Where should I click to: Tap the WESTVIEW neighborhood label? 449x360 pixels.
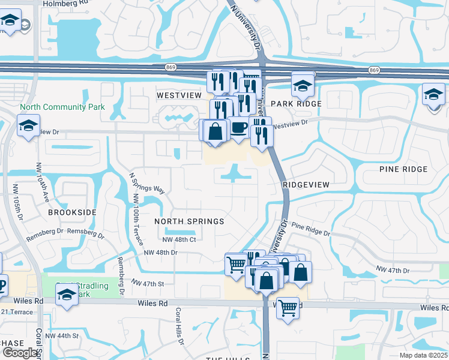pyautogui.click(x=179, y=95)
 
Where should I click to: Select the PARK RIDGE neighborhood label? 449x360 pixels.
pyautogui.click(x=296, y=104)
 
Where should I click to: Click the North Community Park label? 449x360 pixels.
pyautogui.click(x=62, y=107)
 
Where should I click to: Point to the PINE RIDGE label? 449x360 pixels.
pyautogui.click(x=403, y=169)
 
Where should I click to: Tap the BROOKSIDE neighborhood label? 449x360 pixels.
pyautogui.click(x=72, y=212)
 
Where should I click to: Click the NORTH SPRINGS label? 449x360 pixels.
pyautogui.click(x=189, y=221)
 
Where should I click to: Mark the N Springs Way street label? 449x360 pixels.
pyautogui.click(x=146, y=181)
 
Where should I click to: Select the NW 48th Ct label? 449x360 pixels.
pyautogui.click(x=179, y=239)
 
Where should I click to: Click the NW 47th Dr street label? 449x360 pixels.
pyautogui.click(x=393, y=271)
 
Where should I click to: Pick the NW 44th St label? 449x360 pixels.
pyautogui.click(x=63, y=335)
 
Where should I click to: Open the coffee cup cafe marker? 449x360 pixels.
pyautogui.click(x=239, y=128)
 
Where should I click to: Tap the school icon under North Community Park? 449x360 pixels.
pyautogui.click(x=28, y=125)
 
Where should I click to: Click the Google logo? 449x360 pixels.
pyautogui.click(x=20, y=353)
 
